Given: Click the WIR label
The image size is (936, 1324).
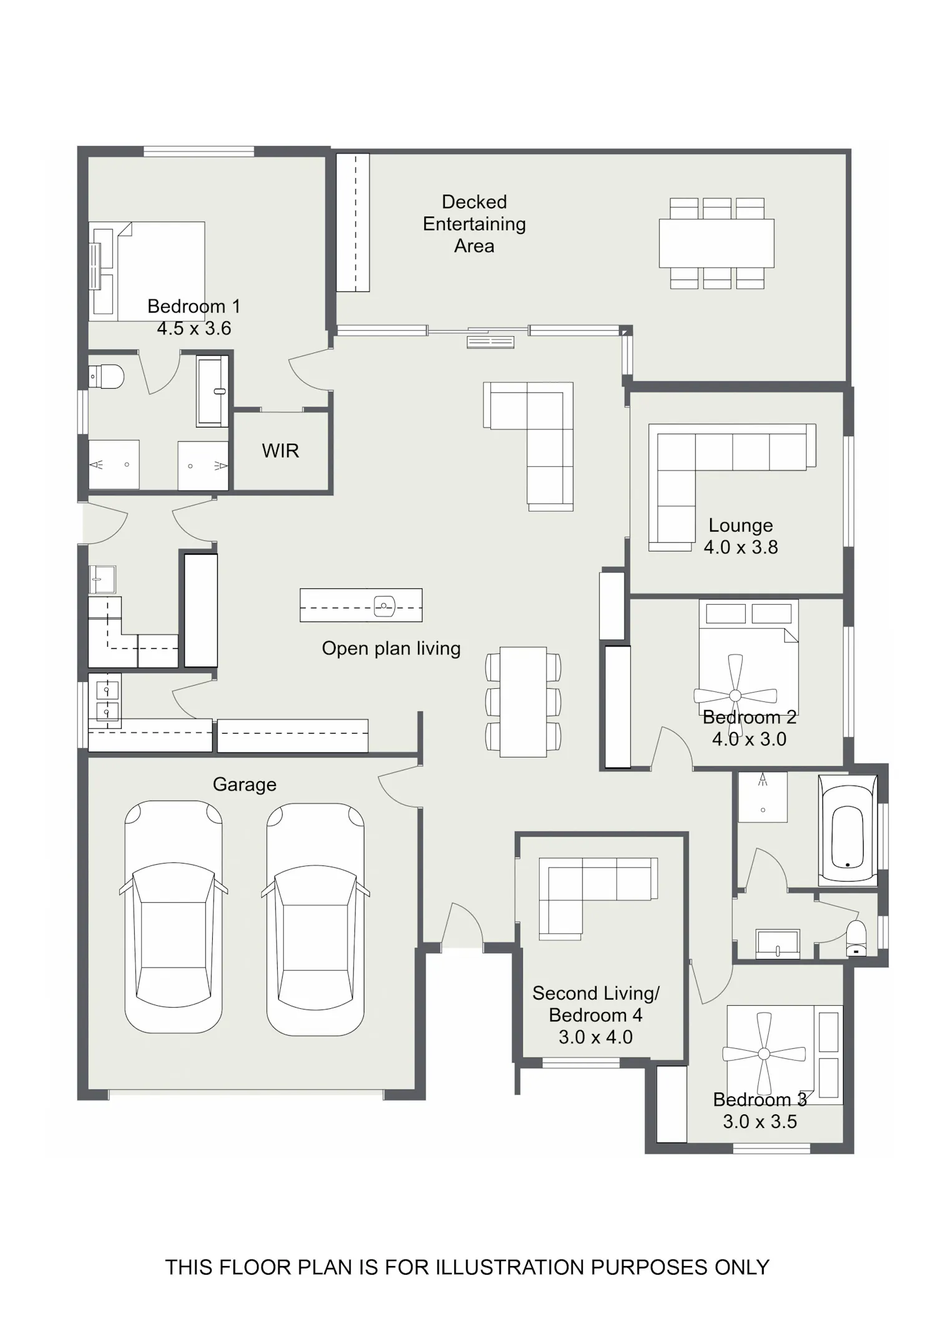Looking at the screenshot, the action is (280, 450).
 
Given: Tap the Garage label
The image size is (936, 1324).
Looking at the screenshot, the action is (245, 784).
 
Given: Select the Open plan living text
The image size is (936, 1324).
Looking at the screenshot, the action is (391, 649).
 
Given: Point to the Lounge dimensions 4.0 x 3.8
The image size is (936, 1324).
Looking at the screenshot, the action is (741, 547).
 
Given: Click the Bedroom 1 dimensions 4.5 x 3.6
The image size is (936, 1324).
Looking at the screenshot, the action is (194, 328).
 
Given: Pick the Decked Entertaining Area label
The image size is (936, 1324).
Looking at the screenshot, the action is (474, 224).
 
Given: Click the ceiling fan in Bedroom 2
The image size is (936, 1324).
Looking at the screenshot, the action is (735, 695).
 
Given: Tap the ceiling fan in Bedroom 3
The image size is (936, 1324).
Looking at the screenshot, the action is (764, 1054).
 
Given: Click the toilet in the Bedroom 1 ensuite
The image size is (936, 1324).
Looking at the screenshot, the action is (106, 376).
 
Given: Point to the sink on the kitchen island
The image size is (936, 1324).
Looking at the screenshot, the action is (384, 606).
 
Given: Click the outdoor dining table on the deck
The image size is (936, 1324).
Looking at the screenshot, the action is (716, 243).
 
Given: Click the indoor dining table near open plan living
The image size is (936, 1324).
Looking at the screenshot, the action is (523, 702).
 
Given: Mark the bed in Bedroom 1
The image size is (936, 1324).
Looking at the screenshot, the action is (147, 271).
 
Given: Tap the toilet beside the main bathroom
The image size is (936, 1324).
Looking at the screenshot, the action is (856, 938).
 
